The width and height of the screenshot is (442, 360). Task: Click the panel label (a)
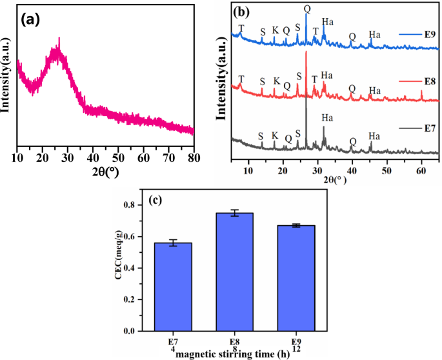31,20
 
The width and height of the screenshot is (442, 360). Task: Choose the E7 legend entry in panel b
413,130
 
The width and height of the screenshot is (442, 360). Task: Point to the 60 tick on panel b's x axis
421,170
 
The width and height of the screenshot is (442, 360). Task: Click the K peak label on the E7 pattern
275,136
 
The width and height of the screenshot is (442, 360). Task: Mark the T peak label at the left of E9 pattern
241,28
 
